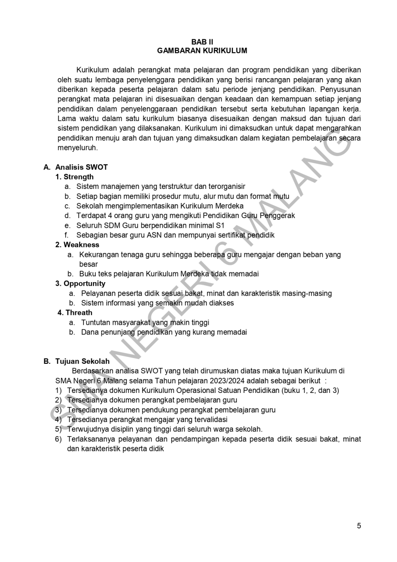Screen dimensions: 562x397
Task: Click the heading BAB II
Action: pos(202,42)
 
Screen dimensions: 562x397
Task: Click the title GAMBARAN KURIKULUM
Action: pos(202,51)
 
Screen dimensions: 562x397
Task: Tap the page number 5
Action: pos(359,526)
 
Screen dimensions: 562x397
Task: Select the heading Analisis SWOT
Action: pos(81,167)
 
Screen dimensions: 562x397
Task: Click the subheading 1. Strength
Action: pos(75,177)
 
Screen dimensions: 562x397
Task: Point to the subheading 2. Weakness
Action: pos(77,245)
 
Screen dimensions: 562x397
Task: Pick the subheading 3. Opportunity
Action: pos(80,283)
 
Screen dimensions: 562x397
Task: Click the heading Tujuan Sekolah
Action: pos(82,361)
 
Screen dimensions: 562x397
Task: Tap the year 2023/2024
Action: pos(227,381)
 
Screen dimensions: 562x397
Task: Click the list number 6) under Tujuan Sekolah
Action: pos(58,439)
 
